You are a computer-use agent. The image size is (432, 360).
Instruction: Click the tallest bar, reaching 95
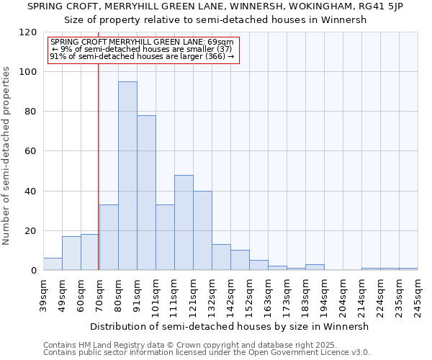pos(127,176)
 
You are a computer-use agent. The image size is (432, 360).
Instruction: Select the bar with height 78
pos(146,193)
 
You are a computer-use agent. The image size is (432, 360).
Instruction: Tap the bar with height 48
pos(184,222)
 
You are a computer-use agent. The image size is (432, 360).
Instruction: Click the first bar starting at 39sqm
pos(53,264)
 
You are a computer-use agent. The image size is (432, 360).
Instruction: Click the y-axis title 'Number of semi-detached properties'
pos(6,151)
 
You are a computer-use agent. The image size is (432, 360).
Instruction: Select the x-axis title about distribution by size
pos(230,326)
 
